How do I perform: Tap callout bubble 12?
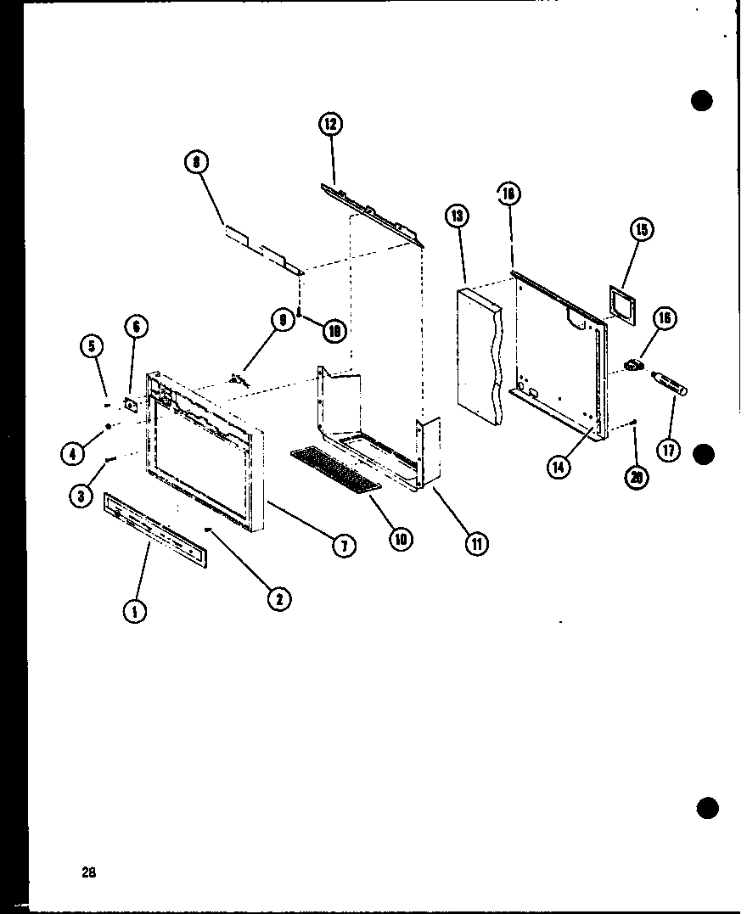329,125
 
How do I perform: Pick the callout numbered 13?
457,217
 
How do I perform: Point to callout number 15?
643,229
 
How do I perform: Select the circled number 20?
637,478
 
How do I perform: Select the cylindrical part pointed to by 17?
670,383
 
